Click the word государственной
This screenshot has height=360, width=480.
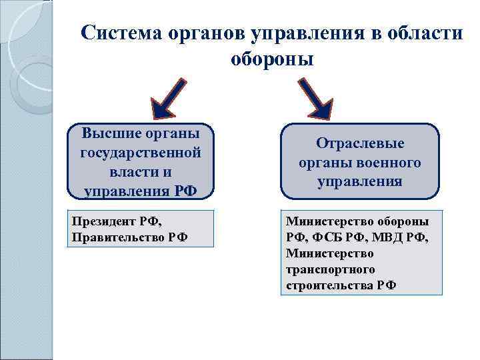pos(141,153)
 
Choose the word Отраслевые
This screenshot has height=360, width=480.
pos(360,143)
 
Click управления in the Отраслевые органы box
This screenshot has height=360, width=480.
pos(360,181)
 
